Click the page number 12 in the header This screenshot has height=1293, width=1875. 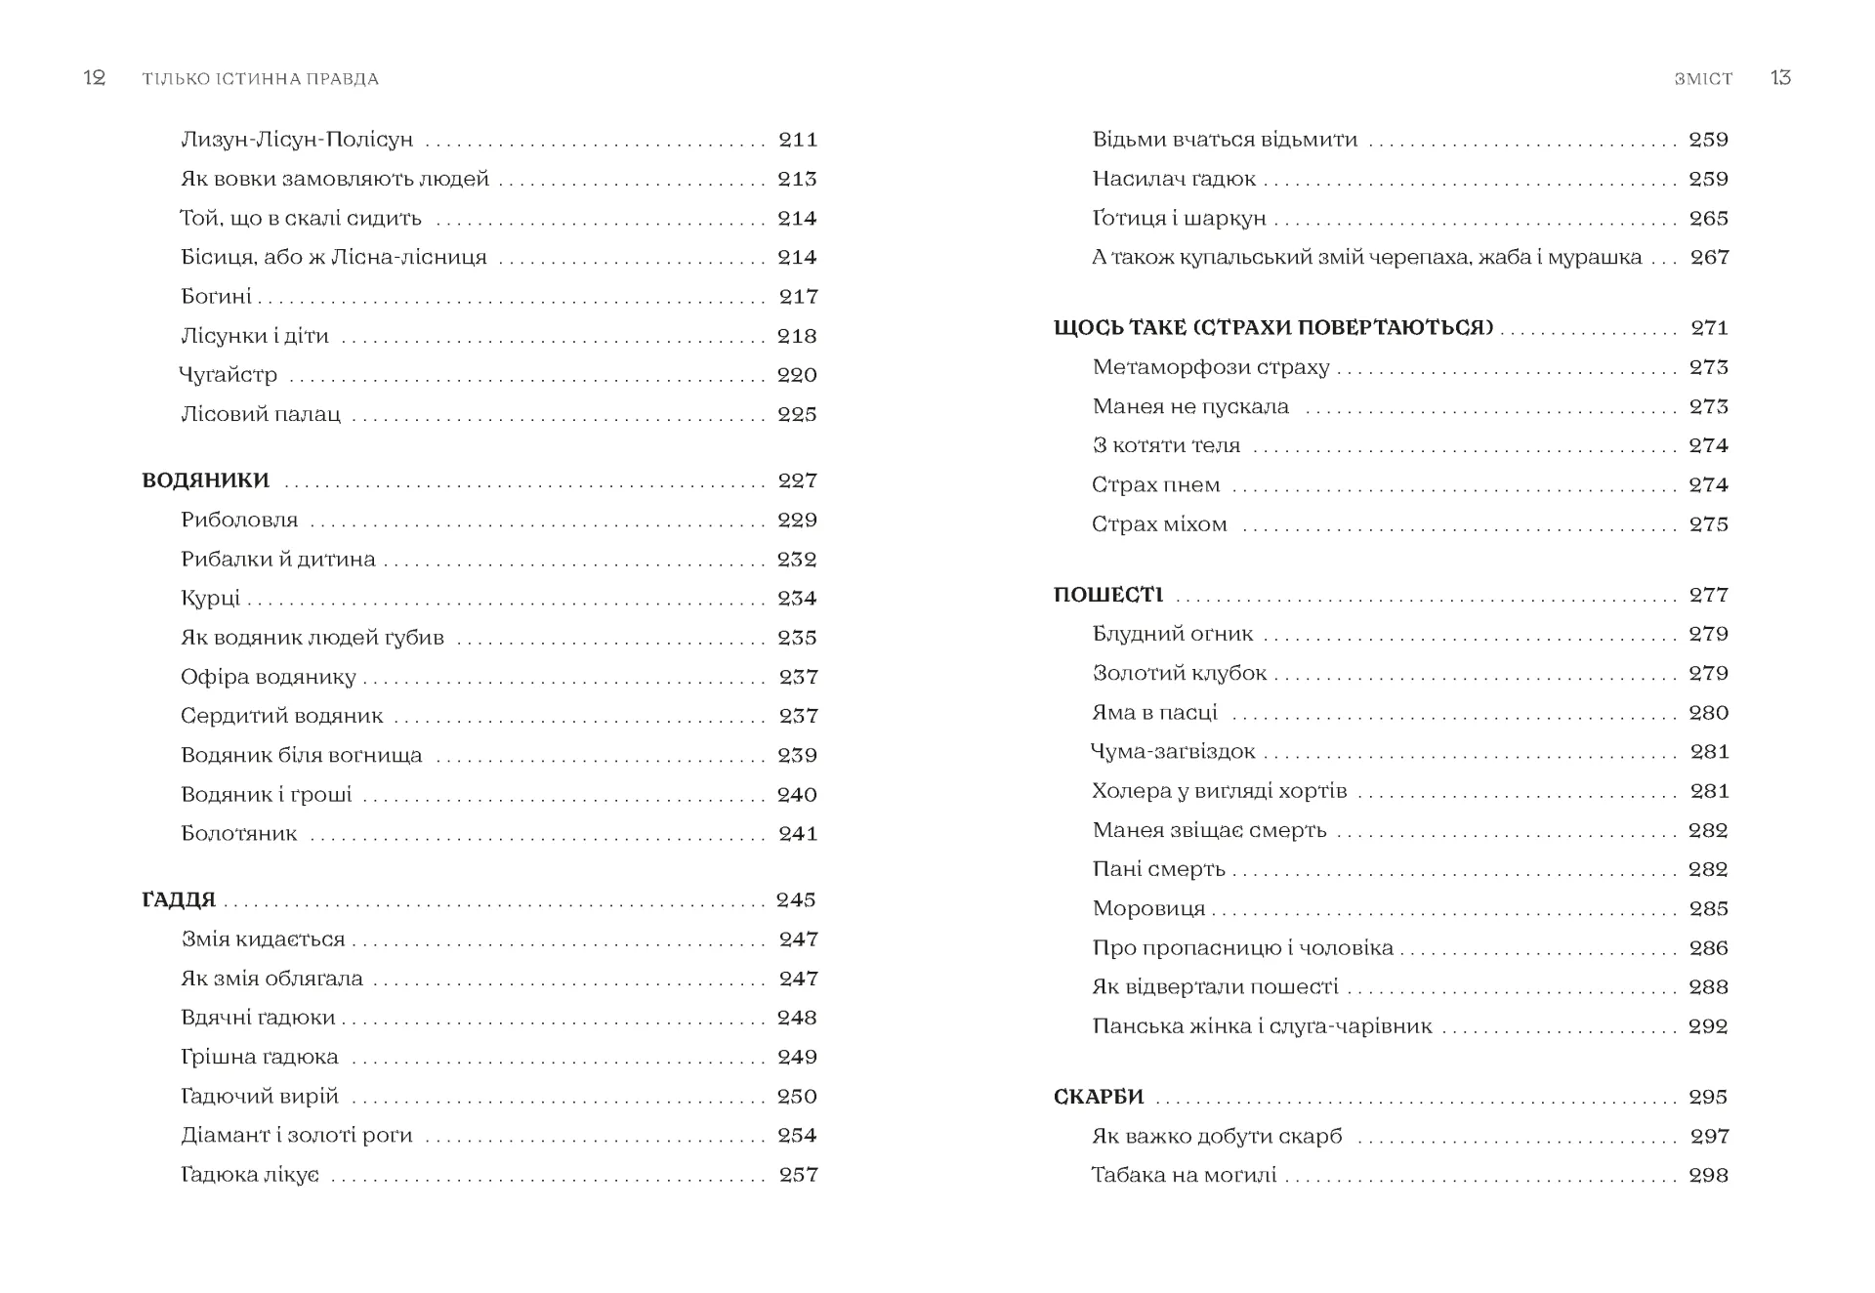(95, 78)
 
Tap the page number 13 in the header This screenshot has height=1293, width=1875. (1780, 78)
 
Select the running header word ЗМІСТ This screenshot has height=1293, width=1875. (1703, 79)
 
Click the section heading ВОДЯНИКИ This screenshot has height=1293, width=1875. (206, 480)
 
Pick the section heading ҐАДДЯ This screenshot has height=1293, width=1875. (179, 899)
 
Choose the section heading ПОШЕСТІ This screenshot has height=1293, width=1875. (1108, 595)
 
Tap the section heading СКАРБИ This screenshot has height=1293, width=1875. (1099, 1097)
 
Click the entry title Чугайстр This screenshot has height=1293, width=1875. (229, 375)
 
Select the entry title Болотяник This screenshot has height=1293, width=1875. (239, 834)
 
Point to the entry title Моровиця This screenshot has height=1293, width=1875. (1148, 909)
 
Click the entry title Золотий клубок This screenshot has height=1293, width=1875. (1179, 674)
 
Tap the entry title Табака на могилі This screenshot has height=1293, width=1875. (1184, 1175)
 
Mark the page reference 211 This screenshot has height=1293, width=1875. (798, 140)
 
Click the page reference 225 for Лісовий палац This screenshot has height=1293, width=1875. (797, 414)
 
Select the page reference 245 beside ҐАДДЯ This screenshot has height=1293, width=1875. (796, 899)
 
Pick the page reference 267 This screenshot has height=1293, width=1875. (1709, 258)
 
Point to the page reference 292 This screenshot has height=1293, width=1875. (1708, 1026)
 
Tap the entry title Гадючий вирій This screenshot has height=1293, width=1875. (260, 1097)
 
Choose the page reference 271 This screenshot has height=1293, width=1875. (1709, 328)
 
